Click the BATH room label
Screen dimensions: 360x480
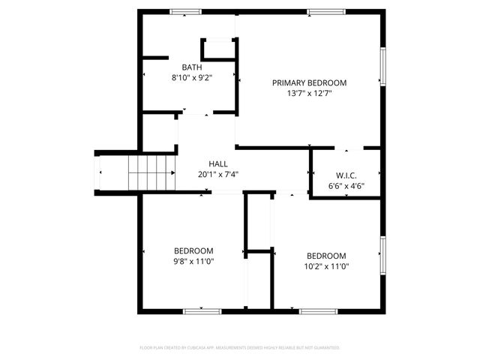pyautogui.click(x=192, y=67)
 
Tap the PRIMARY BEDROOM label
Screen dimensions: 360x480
pyautogui.click(x=309, y=82)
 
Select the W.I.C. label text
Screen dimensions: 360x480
pyautogui.click(x=346, y=175)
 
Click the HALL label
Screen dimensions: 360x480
pyautogui.click(x=218, y=163)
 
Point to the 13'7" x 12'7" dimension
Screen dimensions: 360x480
pyautogui.click(x=309, y=94)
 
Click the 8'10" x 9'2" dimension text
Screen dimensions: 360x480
pyautogui.click(x=192, y=77)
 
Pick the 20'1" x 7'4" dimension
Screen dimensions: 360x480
pyautogui.click(x=218, y=174)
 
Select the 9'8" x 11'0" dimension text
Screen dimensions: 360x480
pyautogui.click(x=193, y=262)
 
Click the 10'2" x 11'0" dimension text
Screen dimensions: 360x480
pyautogui.click(x=327, y=265)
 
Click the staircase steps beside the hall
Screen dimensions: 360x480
pyautogui.click(x=151, y=172)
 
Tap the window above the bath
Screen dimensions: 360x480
pyautogui.click(x=185, y=11)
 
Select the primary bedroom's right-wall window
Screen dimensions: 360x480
pyautogui.click(x=382, y=66)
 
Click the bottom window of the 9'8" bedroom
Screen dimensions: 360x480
pyautogui.click(x=202, y=310)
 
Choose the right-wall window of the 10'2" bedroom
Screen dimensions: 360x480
pyautogui.click(x=382, y=256)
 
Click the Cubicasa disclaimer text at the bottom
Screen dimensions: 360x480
pyautogui.click(x=240, y=348)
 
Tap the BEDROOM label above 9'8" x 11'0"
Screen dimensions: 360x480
pyautogui.click(x=193, y=250)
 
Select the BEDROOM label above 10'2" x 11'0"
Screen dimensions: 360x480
pyautogui.click(x=327, y=254)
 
